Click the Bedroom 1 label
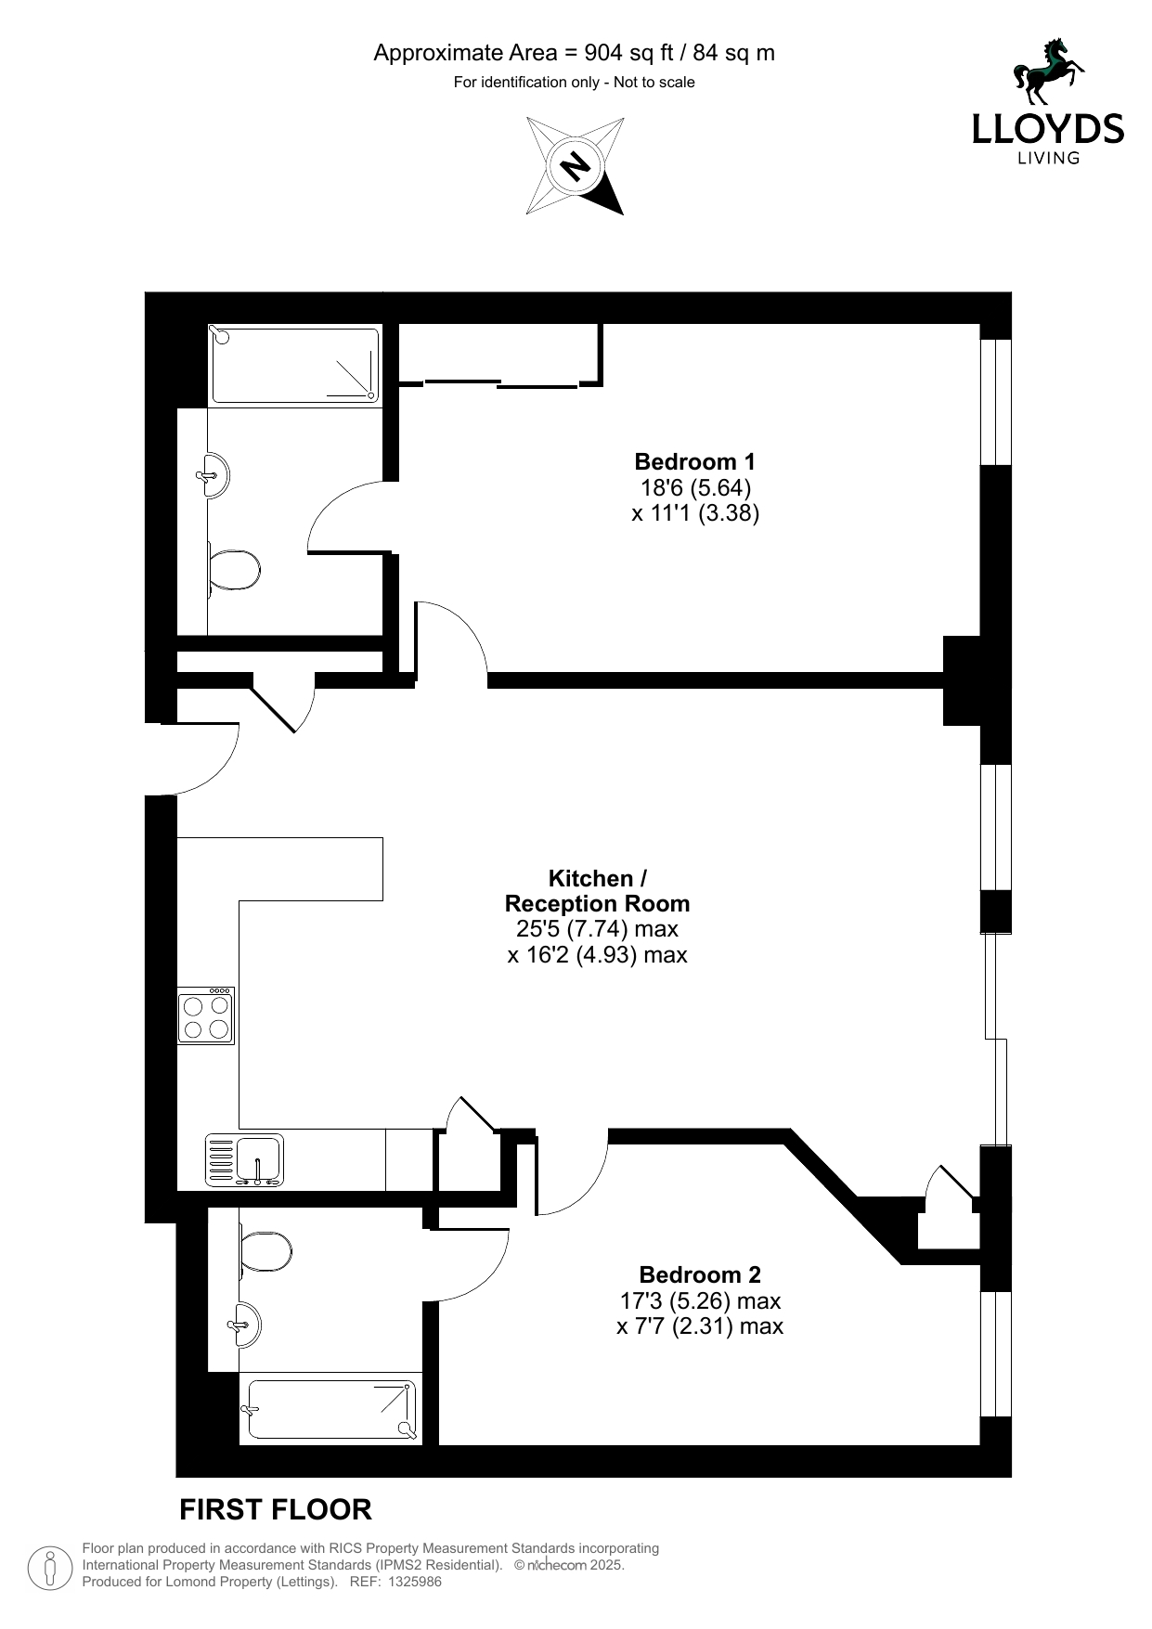[x=694, y=461]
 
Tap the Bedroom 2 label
[x=700, y=1274]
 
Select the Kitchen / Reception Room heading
[x=597, y=891]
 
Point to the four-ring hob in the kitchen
[x=206, y=1015]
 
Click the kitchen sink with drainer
[x=245, y=1160]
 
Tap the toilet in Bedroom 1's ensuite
[x=233, y=570]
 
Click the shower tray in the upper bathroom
[x=295, y=364]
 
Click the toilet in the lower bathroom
[x=265, y=1251]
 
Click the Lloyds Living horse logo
[x=1049, y=72]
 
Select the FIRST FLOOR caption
[x=276, y=1510]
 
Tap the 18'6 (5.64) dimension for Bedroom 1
[x=694, y=487]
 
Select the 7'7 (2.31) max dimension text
[x=700, y=1326]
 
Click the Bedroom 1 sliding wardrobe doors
[x=501, y=382]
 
